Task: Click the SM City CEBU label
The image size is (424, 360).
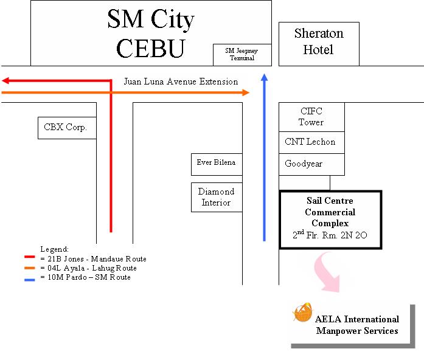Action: [x=151, y=34]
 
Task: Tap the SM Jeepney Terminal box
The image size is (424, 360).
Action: [x=242, y=55]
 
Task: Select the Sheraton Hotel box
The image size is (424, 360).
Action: [x=318, y=42]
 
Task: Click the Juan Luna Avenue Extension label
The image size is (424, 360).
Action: [x=181, y=81]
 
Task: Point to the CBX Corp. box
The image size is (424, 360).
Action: [x=66, y=128]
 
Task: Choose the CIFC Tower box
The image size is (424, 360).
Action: [x=311, y=117]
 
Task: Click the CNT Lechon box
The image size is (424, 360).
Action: [x=310, y=142]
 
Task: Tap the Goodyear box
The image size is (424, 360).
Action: [x=304, y=164]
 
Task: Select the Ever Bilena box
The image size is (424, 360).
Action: [x=216, y=163]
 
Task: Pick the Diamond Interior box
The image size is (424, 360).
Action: [x=216, y=198]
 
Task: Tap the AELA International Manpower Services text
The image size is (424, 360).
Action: [x=357, y=325]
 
